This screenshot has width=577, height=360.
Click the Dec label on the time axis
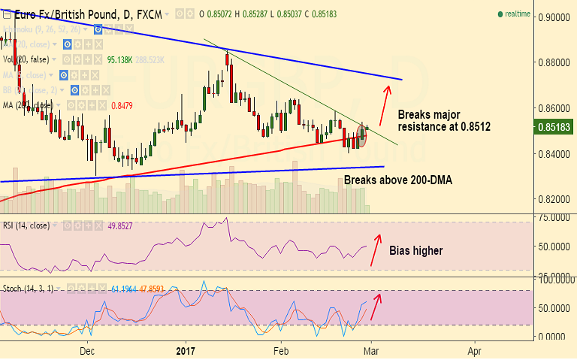click(x=88, y=350)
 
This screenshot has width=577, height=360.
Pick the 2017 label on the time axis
click(x=185, y=350)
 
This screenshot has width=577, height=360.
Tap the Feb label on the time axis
click(x=280, y=350)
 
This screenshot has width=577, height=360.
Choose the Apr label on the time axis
click(x=474, y=350)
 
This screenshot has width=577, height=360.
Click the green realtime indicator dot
click(x=500, y=14)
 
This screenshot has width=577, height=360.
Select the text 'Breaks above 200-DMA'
click(x=398, y=180)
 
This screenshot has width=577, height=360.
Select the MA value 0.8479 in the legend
click(x=122, y=106)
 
